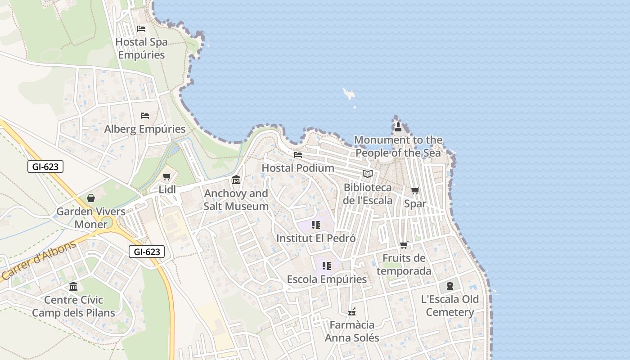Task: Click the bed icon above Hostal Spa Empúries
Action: (141, 29)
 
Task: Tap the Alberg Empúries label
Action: (145, 129)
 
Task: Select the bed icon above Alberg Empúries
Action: (145, 116)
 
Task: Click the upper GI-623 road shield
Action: (45, 166)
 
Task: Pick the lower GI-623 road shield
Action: (147, 252)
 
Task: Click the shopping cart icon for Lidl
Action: (167, 177)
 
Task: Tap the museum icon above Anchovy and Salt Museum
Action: (236, 180)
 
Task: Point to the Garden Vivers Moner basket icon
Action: (91, 198)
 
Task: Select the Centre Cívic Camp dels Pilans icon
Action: (73, 286)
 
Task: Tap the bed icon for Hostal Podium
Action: (298, 155)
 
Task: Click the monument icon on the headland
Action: (398, 127)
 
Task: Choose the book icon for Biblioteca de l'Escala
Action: (368, 174)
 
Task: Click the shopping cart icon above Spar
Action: (415, 191)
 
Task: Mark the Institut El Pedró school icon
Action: (316, 225)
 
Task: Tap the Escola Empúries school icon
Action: (327, 266)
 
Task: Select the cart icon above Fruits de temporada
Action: (404, 245)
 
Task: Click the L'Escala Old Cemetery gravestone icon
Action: (450, 286)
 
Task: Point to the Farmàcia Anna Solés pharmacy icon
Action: (352, 311)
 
